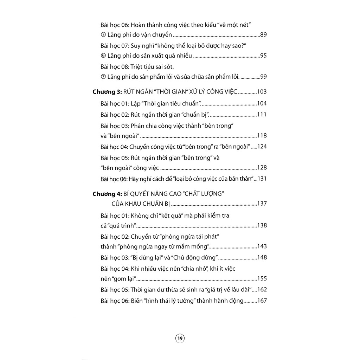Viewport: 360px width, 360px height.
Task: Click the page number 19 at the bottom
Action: [180, 339]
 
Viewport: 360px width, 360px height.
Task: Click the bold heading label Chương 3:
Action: [107, 92]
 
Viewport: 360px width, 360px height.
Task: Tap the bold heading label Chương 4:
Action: [107, 194]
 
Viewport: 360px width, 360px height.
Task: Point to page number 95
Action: [263, 55]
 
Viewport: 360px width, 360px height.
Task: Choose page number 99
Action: [263, 76]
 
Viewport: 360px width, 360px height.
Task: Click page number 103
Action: [262, 92]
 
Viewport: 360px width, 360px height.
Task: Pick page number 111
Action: [262, 115]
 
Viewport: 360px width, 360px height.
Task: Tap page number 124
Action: [262, 147]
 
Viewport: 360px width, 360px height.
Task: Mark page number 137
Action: [262, 204]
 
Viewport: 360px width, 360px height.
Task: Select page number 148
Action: [262, 257]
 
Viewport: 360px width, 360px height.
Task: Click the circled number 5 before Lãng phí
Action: [103, 34]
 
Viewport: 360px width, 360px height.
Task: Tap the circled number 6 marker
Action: [103, 55]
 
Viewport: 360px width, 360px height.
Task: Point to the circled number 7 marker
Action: [103, 76]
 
